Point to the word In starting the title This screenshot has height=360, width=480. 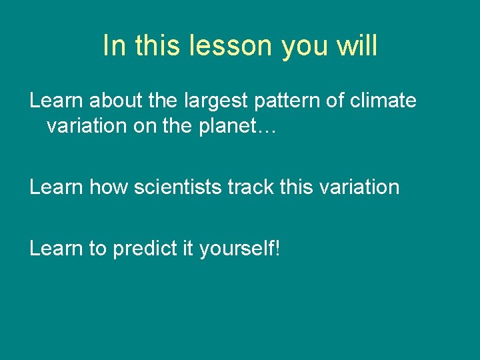tap(115, 46)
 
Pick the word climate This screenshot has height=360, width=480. tap(383, 101)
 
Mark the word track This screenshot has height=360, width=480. tap(251, 187)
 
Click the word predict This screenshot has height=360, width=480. tap(143, 249)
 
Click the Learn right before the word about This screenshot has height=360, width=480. tap(56, 101)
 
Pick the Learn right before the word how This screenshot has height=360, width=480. tap(56, 187)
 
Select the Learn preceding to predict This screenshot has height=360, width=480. tap(56, 249)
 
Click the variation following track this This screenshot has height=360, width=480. tap(359, 187)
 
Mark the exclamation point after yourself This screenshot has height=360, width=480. tap(278, 249)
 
